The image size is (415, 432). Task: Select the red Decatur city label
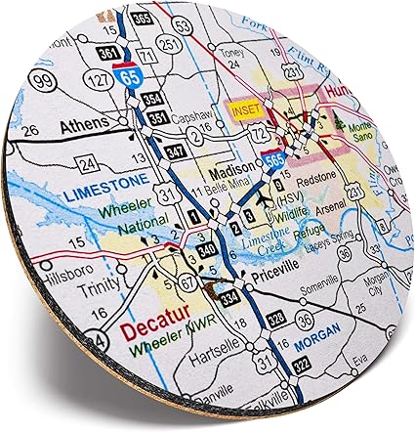155,329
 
